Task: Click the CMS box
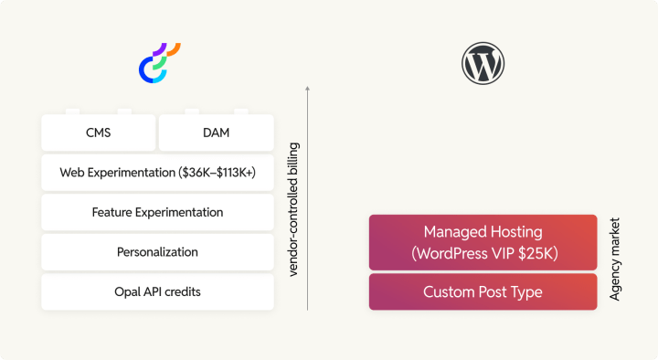tap(98, 133)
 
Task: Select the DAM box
tap(216, 133)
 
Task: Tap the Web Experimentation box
tap(157, 173)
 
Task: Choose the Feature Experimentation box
tap(157, 212)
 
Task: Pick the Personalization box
tap(157, 252)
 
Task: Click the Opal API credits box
tap(157, 291)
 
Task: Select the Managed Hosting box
tap(483, 242)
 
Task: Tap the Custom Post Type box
tap(483, 292)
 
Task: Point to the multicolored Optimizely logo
tap(159, 65)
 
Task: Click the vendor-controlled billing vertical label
tap(293, 209)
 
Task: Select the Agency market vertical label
tap(615, 259)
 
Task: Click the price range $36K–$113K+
tap(222, 173)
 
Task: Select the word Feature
tap(114, 212)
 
